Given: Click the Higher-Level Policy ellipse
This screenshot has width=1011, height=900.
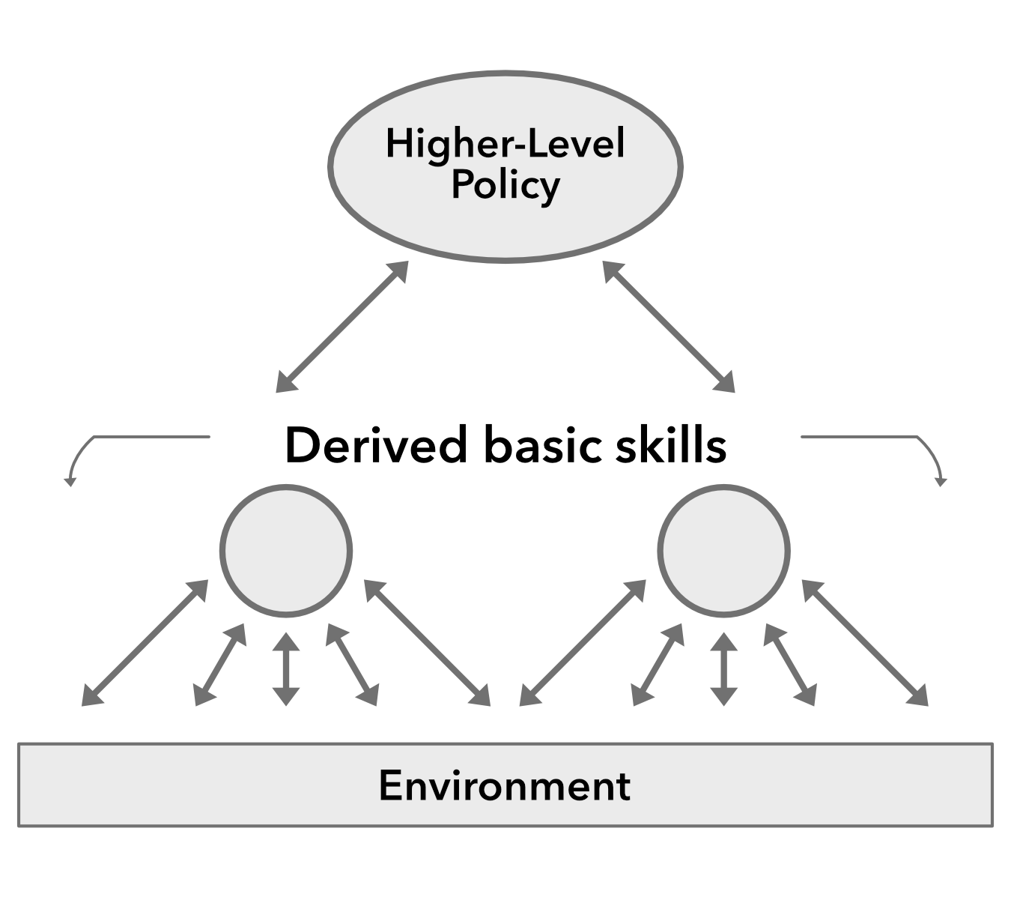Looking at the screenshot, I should pos(505,225).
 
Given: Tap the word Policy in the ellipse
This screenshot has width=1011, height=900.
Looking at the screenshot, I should pos(505,185).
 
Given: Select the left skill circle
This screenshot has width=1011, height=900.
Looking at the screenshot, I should pos(285,551).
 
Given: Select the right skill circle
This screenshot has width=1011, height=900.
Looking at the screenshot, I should pos(723,551).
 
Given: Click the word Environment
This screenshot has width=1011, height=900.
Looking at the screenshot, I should pos(505,785).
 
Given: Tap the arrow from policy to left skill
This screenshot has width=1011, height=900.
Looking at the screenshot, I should pos(342,326).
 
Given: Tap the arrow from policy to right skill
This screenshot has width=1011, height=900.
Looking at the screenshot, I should pos(669,326).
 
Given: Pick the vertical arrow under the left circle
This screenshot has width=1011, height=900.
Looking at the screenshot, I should pos(285,668).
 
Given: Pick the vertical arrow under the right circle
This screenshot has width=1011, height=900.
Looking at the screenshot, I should pos(723,668).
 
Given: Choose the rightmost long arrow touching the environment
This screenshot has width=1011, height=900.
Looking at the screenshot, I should pos(865,643).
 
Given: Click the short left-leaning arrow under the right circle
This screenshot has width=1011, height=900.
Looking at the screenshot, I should pos(658,665).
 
